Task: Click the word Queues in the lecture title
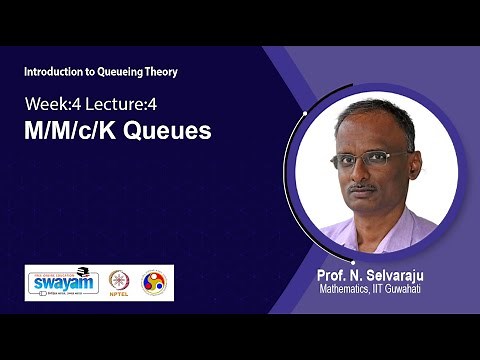point(172,131)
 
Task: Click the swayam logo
point(62,283)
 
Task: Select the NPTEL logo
point(120,284)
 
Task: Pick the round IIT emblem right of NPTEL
point(154,283)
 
